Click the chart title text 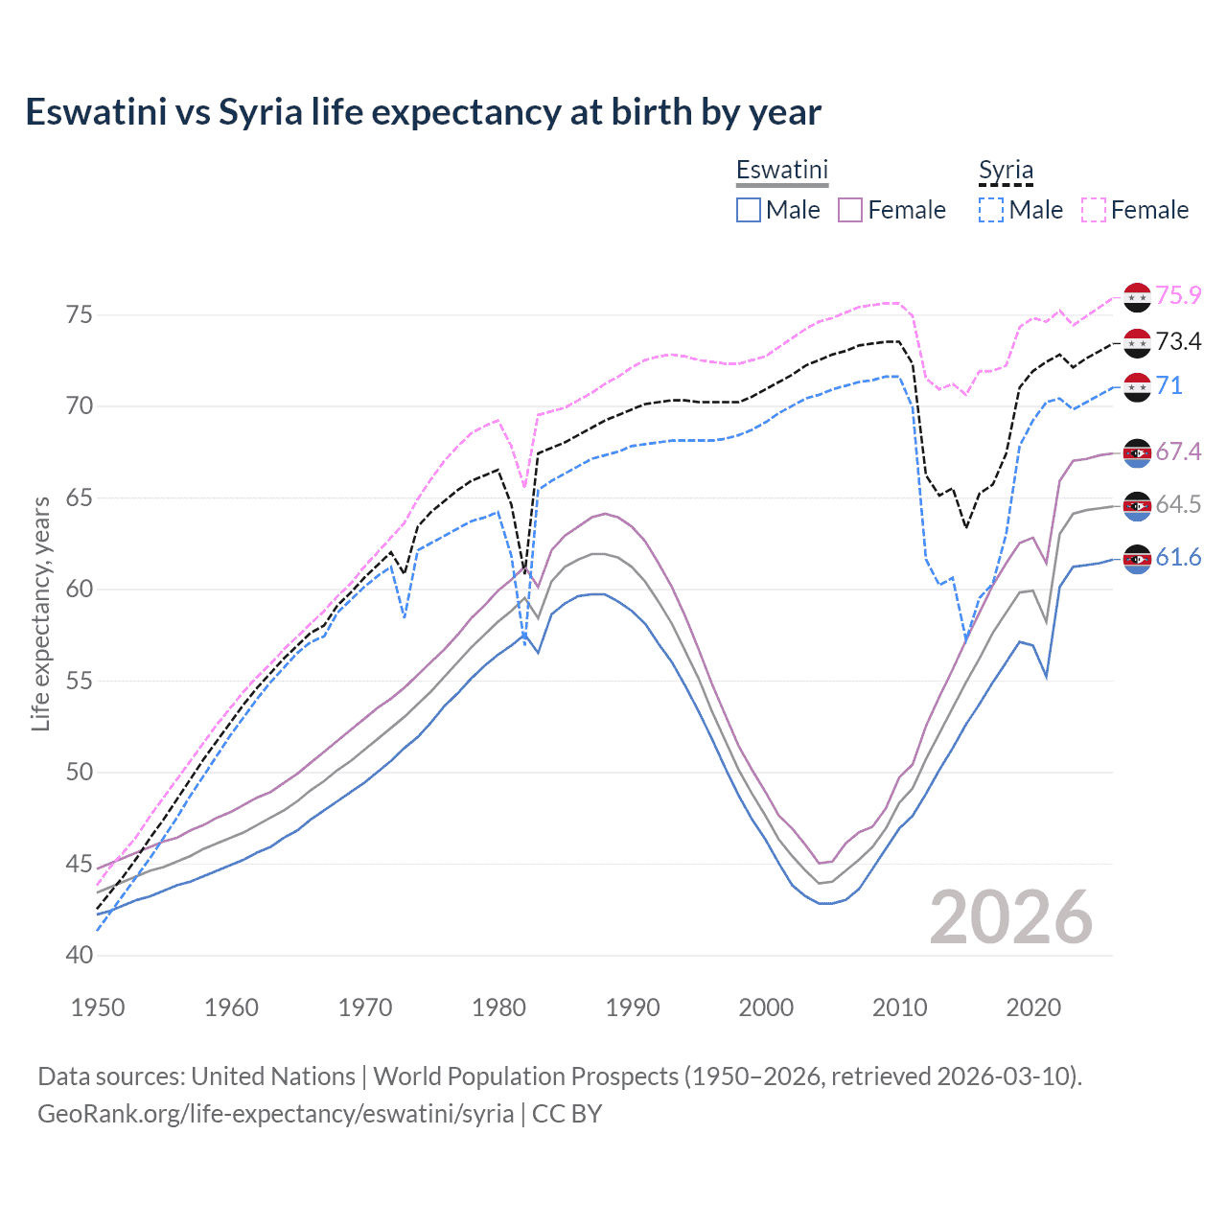(423, 112)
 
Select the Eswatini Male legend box (749, 210)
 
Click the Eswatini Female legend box (850, 210)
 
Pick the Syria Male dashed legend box (991, 210)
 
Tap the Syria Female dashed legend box (1094, 210)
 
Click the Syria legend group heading (1006, 171)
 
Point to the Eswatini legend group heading (781, 170)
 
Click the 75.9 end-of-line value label (1178, 295)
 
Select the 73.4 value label (1178, 341)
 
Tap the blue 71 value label (1169, 385)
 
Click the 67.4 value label (1178, 451)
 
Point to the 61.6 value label (1178, 557)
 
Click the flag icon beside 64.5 (1137, 505)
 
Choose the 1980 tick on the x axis (498, 1007)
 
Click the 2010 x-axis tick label (899, 1007)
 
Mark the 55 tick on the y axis (80, 681)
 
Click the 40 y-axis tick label (80, 956)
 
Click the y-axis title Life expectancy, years (40, 613)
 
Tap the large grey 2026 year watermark (1010, 917)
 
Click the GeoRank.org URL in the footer (276, 1114)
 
